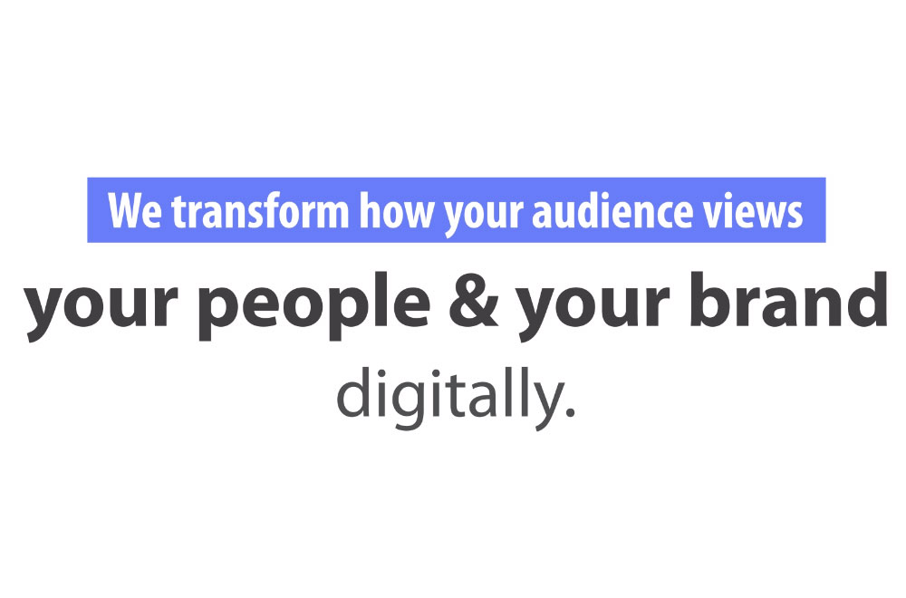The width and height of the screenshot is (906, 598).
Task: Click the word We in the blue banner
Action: point(135,211)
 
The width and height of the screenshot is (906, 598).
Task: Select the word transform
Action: point(260,210)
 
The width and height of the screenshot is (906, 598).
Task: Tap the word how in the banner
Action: point(396,210)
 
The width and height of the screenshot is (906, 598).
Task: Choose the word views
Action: point(752,210)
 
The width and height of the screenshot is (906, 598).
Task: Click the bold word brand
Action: point(789,298)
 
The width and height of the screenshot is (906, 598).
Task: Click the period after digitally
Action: point(570,412)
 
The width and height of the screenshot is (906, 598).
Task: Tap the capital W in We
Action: point(125,211)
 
